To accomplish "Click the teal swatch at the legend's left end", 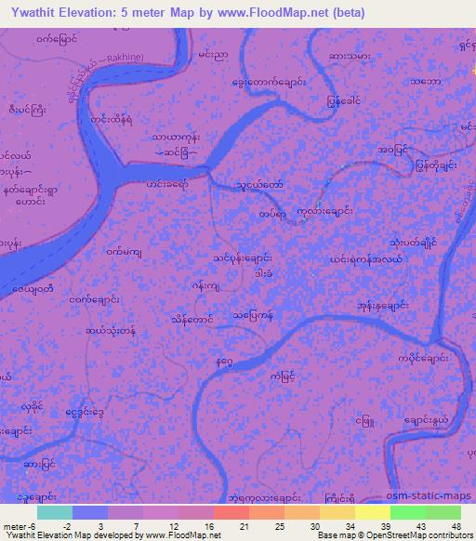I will click(55, 512).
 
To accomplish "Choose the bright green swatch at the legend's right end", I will click(443, 512).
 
